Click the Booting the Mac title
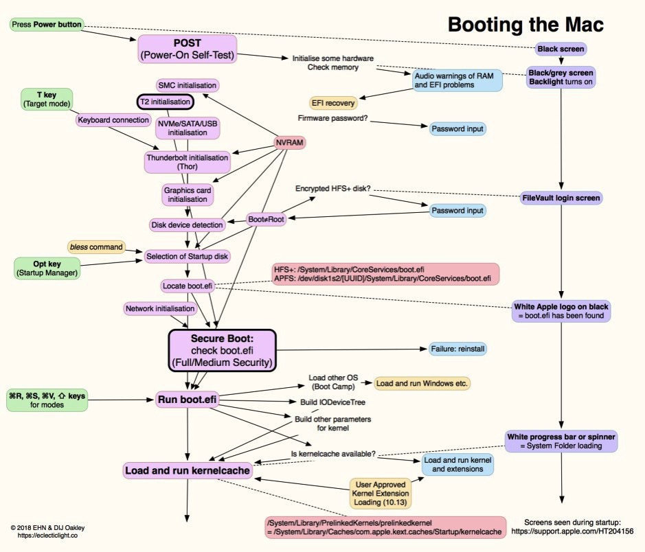525,25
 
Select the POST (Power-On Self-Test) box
188,49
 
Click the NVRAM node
288,142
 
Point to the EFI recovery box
333,103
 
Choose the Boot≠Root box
266,220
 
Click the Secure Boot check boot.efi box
222,349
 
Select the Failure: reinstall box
458,349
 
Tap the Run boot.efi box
188,398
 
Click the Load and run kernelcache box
187,470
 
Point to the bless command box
97,246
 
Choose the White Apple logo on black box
561,312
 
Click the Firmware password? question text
332,118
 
